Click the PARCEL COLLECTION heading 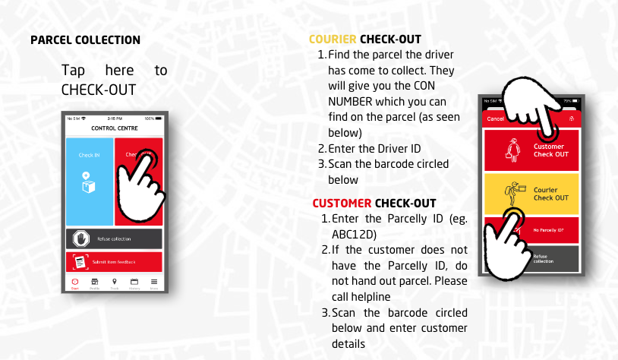point(85,39)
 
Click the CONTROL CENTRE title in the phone point(114,128)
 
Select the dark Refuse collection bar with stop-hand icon point(114,238)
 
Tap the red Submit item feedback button point(114,262)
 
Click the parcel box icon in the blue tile point(89,182)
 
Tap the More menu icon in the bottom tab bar point(154,283)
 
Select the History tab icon point(134,283)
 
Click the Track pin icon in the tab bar point(114,283)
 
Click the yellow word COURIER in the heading point(333,39)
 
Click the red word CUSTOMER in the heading point(342,204)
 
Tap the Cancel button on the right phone point(495,118)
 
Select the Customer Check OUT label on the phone point(550,150)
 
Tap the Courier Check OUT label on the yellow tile point(550,194)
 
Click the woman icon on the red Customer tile point(512,150)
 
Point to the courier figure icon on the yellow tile point(516,192)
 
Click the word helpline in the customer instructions point(373,296)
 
